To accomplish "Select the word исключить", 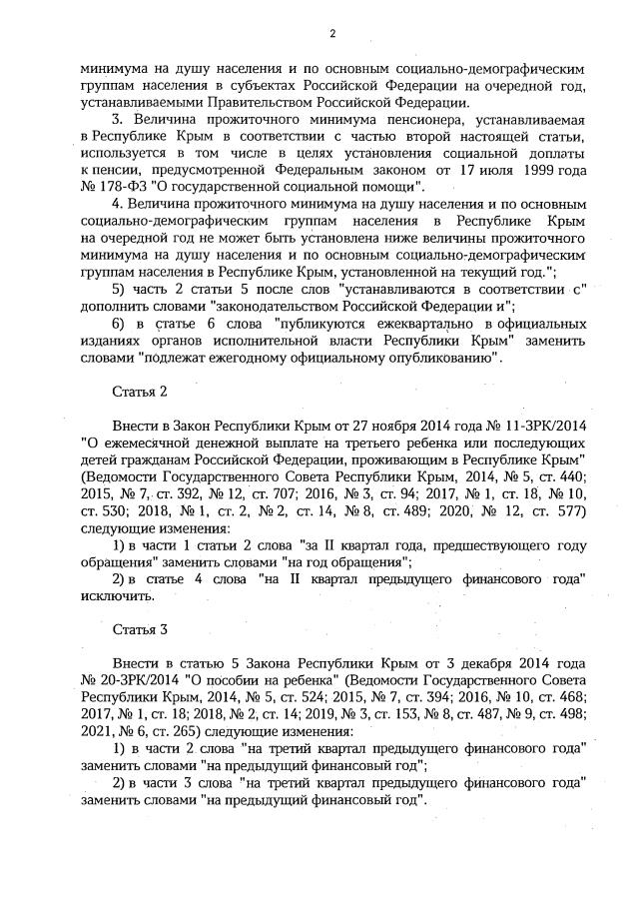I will (116, 596).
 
